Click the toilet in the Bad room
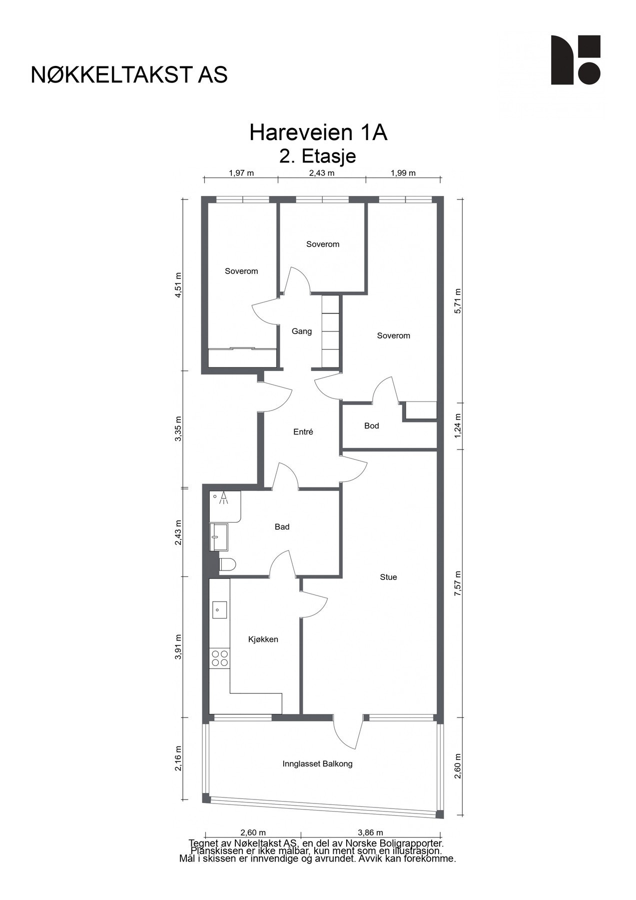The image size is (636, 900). tap(227, 564)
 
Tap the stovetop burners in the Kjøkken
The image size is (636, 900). tap(220, 658)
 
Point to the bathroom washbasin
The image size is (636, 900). tap(218, 537)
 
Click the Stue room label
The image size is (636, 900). tap(388, 577)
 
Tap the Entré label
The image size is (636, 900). tap(303, 432)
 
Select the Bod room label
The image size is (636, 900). tap(371, 426)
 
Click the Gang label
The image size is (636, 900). tap(302, 331)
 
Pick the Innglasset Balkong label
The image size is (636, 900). tap(317, 764)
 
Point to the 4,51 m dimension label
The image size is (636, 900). tap(178, 285)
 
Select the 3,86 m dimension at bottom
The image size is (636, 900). tap(370, 832)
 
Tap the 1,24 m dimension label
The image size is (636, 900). tap(458, 425)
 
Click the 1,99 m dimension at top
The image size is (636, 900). tap(403, 173)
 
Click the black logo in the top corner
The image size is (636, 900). tap(575, 60)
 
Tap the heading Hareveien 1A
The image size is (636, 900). tap(318, 133)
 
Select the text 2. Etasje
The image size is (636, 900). tap(318, 156)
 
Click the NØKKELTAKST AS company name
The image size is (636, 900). tap(129, 75)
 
